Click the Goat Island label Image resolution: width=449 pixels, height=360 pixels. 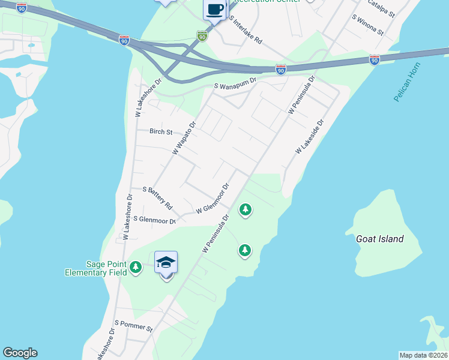[x=379, y=239]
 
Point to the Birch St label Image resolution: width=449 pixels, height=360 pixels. [x=161, y=131]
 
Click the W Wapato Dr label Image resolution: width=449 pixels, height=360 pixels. [x=184, y=139]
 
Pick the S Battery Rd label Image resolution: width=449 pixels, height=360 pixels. [x=158, y=197]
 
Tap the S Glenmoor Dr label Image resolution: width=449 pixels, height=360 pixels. [x=154, y=220]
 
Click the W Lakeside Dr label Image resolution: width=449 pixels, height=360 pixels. [x=309, y=137]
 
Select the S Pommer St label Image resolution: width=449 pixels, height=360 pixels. [x=134, y=326]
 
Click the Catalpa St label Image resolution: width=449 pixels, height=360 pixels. [x=381, y=8]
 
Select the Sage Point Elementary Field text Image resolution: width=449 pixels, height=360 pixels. [x=96, y=268]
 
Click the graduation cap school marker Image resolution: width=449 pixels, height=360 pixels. [x=166, y=262]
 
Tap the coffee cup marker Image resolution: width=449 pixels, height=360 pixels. [x=215, y=9]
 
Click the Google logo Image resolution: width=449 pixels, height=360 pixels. [x=20, y=353]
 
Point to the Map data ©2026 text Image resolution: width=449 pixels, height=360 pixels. [x=423, y=355]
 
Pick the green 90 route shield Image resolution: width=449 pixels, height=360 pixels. [x=202, y=37]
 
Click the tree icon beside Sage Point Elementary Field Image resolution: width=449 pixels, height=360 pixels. [x=136, y=267]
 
